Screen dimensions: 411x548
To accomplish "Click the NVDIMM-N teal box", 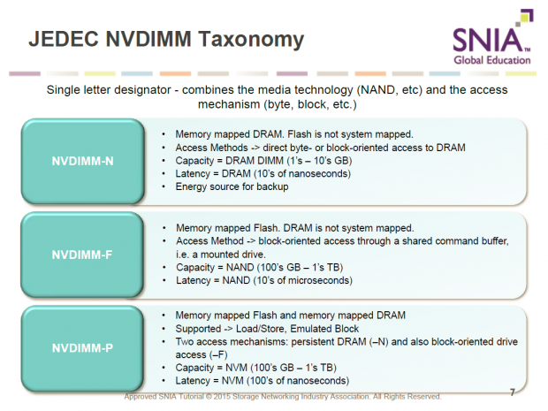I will point(81,161).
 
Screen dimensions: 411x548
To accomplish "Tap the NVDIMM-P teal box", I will point(81,346).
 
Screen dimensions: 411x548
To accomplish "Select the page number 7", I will point(513,392).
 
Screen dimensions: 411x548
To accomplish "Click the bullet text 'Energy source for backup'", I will point(232,187).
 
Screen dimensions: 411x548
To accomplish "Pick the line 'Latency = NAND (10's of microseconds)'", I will point(264,281).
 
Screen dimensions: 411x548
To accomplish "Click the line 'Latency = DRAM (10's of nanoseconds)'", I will point(263,174).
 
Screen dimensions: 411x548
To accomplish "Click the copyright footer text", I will point(283,397).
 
